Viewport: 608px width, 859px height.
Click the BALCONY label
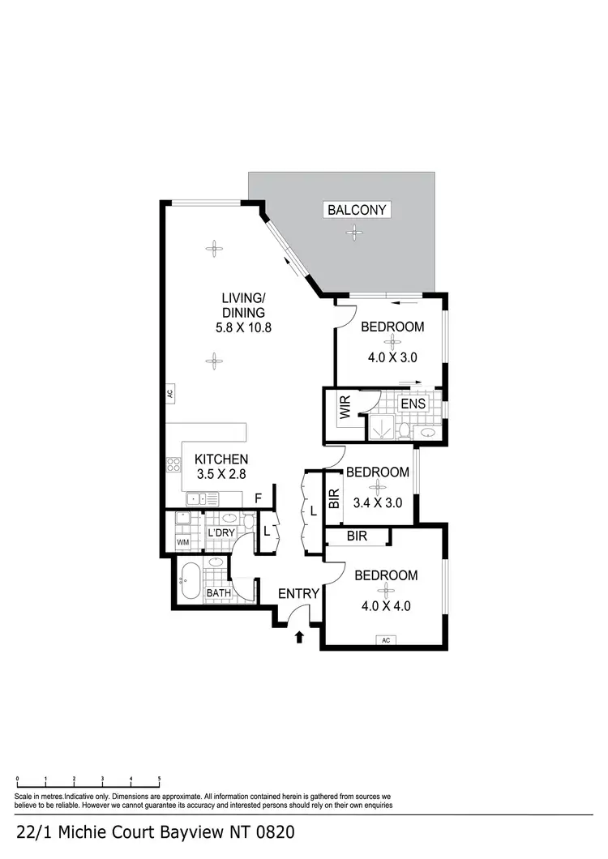[x=358, y=210]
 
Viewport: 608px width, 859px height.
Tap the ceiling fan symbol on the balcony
[x=353, y=233]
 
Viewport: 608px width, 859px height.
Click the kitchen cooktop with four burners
[x=173, y=465]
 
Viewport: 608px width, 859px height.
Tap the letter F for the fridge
[x=257, y=498]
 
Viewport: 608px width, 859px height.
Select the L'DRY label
[x=221, y=533]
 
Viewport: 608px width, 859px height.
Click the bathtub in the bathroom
[x=191, y=580]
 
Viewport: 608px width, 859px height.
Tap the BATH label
[x=218, y=593]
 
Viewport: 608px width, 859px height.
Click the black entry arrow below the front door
[x=299, y=637]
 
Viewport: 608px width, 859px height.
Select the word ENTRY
[x=298, y=594]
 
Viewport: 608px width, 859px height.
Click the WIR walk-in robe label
[x=345, y=408]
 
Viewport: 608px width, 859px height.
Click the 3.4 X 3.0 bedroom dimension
[x=377, y=502]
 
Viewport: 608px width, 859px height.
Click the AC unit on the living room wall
[x=169, y=395]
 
